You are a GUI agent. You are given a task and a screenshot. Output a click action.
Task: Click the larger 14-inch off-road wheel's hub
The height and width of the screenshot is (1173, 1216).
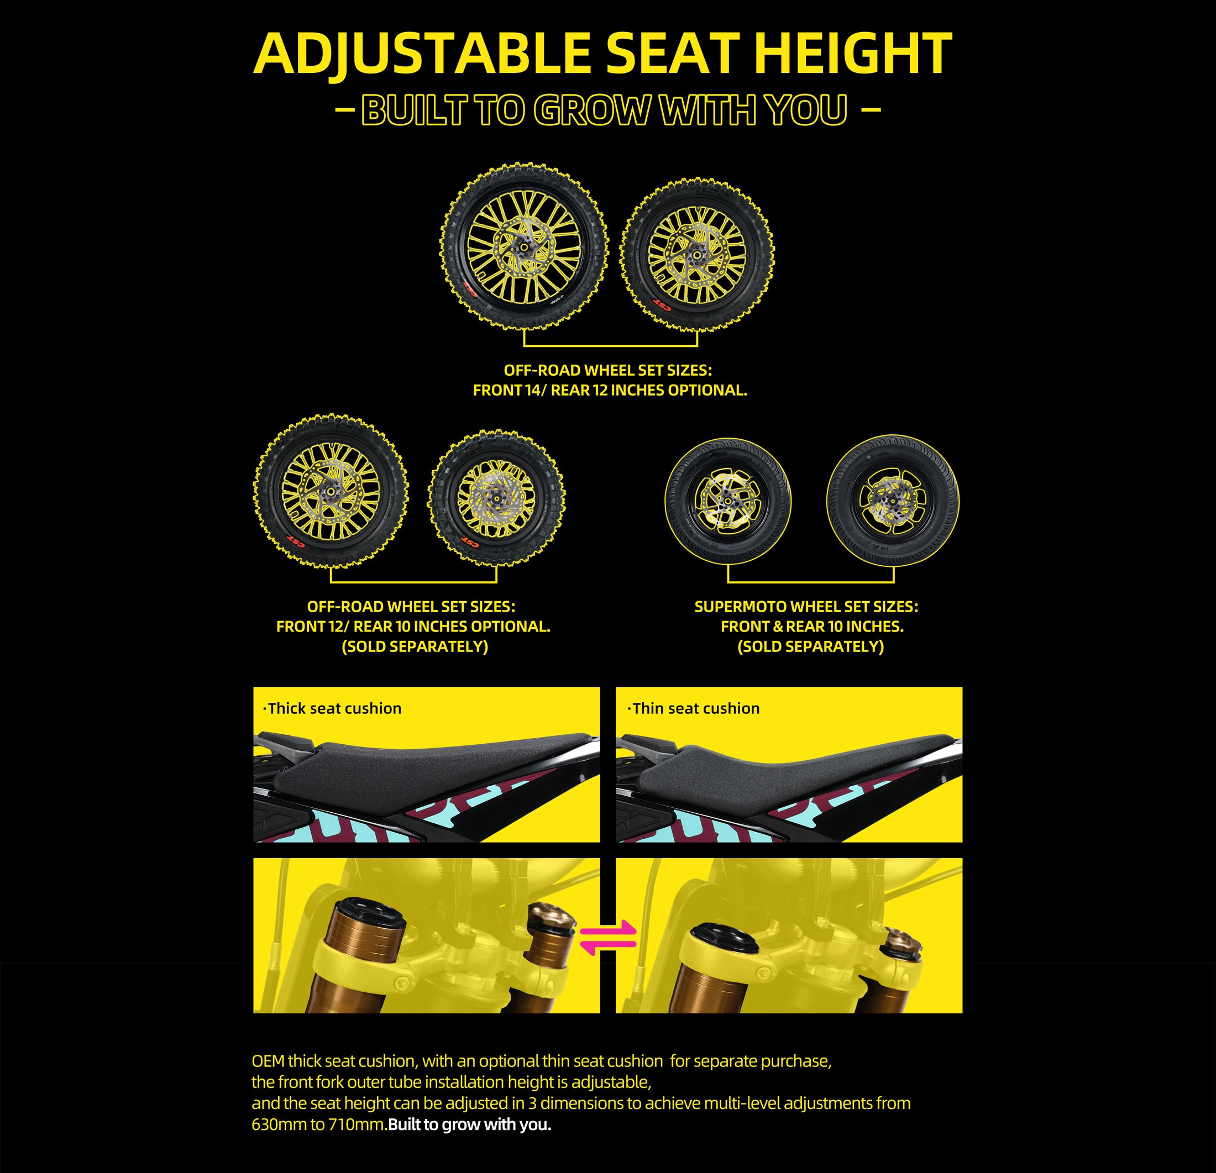pyautogui.click(x=523, y=248)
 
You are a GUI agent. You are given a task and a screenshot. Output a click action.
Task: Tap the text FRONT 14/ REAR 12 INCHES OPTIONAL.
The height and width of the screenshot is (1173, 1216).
pyautogui.click(x=610, y=390)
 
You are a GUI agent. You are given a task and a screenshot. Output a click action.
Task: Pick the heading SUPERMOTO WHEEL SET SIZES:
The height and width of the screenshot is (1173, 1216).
pyautogui.click(x=806, y=607)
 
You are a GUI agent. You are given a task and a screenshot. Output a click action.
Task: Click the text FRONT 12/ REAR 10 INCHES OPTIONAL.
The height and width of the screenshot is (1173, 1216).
pyautogui.click(x=413, y=627)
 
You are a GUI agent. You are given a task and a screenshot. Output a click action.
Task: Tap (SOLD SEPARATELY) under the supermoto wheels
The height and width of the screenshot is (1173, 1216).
pyautogui.click(x=810, y=647)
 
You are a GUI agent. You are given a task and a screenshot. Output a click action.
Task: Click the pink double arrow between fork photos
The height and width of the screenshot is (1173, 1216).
pyautogui.click(x=608, y=937)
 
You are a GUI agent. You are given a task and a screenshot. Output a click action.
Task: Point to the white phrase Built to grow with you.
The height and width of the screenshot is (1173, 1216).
pyautogui.click(x=470, y=1124)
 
